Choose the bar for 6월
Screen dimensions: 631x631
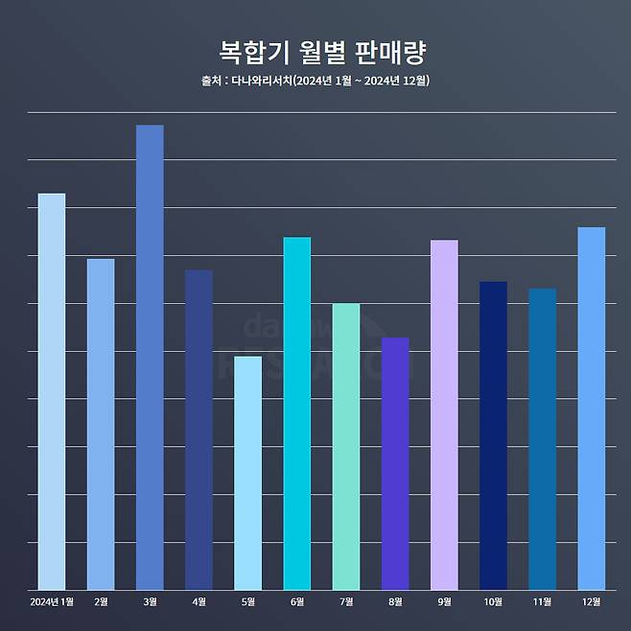pyautogui.click(x=297, y=413)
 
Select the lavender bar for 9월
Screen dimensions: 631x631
pyautogui.click(x=444, y=414)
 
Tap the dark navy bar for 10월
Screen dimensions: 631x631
pyautogui.click(x=493, y=435)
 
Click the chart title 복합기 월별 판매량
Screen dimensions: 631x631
pyautogui.click(x=315, y=50)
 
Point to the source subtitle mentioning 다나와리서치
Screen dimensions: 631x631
pyautogui.click(x=315, y=81)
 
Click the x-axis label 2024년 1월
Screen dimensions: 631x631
pyautogui.click(x=52, y=602)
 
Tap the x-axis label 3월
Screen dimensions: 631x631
pyautogui.click(x=150, y=602)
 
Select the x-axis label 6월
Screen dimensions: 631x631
pyautogui.click(x=297, y=602)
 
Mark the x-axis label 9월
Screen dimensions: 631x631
pyautogui.click(x=444, y=602)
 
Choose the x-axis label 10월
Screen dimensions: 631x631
pyautogui.click(x=493, y=602)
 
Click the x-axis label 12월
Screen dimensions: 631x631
pyautogui.click(x=592, y=602)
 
